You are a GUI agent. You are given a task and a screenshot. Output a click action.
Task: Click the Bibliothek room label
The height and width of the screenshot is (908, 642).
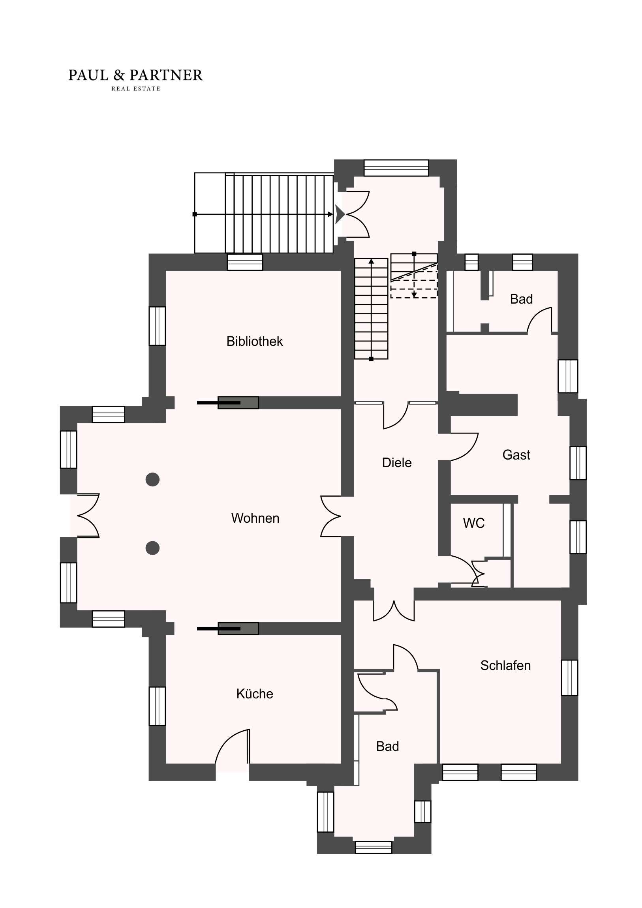pos(254,341)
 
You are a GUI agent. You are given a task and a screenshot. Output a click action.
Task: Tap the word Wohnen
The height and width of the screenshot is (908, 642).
pos(255,518)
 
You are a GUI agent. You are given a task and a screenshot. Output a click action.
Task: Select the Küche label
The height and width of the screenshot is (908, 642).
pos(255,694)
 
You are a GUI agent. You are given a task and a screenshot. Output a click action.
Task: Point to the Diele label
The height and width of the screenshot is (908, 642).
pos(397,463)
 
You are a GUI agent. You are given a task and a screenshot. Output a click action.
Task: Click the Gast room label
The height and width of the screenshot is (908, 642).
pos(516,455)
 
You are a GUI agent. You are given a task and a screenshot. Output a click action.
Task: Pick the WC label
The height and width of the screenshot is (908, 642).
pos(474,523)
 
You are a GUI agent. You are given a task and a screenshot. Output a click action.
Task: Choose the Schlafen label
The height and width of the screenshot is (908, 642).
pos(505,666)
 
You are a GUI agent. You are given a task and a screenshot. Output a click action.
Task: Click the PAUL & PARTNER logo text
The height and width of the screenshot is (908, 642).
pos(135,75)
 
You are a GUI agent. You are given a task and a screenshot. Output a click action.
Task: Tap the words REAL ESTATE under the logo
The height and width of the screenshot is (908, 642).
pos(136,89)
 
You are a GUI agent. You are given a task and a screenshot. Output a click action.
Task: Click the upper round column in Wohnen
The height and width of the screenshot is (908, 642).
pos(153,480)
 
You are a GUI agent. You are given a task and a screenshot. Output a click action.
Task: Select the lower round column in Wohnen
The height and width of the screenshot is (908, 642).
pos(153,548)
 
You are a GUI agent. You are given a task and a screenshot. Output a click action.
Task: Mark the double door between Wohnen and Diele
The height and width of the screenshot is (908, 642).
pos(331,516)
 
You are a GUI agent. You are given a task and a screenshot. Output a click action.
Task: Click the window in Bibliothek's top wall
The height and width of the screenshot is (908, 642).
pos(245,262)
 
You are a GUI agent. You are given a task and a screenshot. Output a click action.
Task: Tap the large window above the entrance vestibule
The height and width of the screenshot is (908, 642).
pos(396,168)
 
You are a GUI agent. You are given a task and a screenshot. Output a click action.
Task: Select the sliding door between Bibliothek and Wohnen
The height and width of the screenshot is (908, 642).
pos(228,403)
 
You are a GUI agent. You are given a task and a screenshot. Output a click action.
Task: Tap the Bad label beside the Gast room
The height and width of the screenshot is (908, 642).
pos(521,299)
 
